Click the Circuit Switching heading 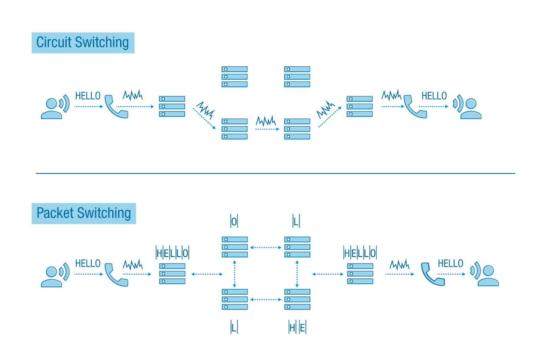[83, 43]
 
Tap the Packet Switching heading [84, 213]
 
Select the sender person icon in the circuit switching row [52, 108]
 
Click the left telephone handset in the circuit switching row [116, 107]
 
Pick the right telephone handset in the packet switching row [432, 274]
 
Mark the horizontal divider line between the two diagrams [275, 173]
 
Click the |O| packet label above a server [234, 222]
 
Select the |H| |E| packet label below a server [297, 328]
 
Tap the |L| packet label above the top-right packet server [296, 222]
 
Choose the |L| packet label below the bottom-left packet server [234, 328]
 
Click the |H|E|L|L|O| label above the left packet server [172, 253]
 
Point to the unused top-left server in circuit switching [235, 76]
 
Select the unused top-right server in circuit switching [297, 76]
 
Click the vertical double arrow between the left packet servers [235, 274]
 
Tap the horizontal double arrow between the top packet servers [266, 247]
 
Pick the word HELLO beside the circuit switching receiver [434, 96]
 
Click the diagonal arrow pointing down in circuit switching [204, 118]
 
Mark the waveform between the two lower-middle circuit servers [266, 121]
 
